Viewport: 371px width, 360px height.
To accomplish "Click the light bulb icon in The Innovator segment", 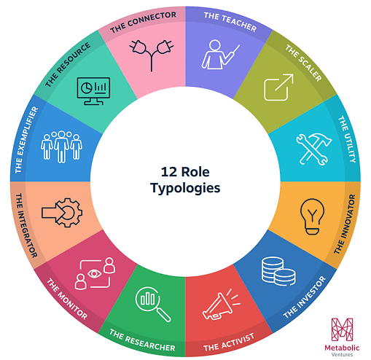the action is point(312,216).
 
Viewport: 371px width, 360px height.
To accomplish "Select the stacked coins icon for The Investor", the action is point(278,271).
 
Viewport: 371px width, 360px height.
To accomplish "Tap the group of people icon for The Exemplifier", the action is point(61,146).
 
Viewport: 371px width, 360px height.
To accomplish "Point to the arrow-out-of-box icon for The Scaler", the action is point(278,87).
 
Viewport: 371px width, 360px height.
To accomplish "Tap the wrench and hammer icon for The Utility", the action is point(314,149).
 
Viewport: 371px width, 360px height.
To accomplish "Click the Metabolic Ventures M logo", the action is point(342,329).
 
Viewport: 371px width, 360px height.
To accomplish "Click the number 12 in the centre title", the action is point(169,172).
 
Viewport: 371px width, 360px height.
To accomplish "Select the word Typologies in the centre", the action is point(185,188).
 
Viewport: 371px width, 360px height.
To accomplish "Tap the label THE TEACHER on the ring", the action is point(231,21).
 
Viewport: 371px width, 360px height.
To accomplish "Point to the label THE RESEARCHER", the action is point(141,340).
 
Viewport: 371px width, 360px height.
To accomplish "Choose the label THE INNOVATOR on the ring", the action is point(345,224).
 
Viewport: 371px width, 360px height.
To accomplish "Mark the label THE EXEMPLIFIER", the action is point(26,140).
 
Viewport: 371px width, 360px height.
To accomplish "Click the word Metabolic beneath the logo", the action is point(342,348).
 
